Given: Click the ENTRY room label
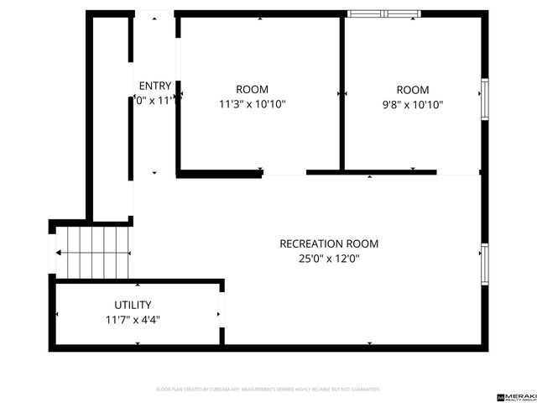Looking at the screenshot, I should coord(155,86).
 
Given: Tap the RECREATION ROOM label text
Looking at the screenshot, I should coord(329,244).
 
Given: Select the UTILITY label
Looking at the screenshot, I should coord(133,305).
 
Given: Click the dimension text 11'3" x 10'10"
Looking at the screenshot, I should coord(252,105).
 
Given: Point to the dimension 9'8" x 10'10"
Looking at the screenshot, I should coord(412,105).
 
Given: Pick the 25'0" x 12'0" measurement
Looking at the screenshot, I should coord(329,259).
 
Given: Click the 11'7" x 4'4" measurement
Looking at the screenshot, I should coord(133,320).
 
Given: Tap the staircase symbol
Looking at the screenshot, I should coord(93,251).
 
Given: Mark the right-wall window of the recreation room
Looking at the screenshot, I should coord(484,264).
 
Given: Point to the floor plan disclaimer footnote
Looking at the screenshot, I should coord(268,390).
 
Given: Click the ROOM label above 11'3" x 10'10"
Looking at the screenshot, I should coord(252,90).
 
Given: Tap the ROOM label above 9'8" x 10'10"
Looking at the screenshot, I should coord(412,90).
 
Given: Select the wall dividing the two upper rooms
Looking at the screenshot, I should coord(342,92).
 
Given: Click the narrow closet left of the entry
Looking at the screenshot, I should coord(109,118).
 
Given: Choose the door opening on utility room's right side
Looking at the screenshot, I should coord(222,314).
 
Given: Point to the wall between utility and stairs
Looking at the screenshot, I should coord(134,280).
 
